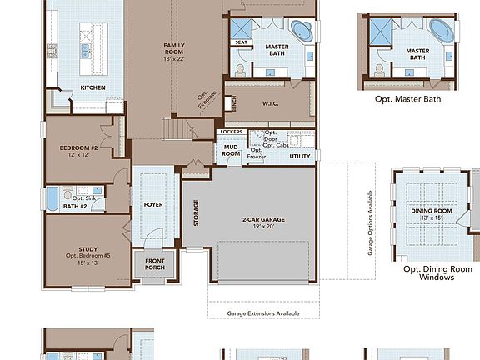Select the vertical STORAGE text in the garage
196,212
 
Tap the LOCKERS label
230,132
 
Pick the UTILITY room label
300,156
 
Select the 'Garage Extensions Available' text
262,314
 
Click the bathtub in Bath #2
52,200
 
